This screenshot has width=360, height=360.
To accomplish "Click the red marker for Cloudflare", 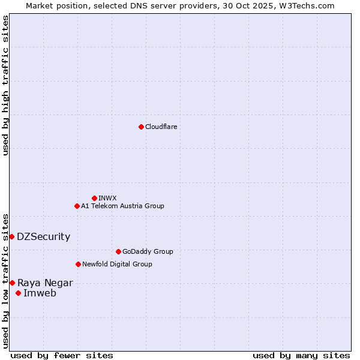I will click(141, 127).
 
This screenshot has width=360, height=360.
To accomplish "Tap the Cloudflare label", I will click(161, 127).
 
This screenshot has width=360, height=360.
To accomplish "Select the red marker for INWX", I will click(94, 198).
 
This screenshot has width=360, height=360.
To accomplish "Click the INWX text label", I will click(107, 198).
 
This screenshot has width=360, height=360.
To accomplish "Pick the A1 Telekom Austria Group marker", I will click(77, 206).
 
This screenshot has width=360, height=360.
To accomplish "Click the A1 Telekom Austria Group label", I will click(122, 206).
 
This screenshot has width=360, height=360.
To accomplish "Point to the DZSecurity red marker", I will click(11, 236).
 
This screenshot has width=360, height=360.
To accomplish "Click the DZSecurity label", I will click(43, 236).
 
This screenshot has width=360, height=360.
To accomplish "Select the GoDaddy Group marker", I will click(118, 251).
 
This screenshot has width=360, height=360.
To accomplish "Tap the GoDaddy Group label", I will click(147, 251).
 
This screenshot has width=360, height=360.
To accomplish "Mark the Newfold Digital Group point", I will click(78, 264).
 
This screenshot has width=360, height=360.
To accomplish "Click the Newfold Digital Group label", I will click(117, 264).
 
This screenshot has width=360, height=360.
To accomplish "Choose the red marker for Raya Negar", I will click(12, 283).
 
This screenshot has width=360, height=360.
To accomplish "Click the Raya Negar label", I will click(45, 283).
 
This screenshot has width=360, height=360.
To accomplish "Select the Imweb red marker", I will click(18, 293).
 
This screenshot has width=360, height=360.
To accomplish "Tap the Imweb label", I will click(40, 293).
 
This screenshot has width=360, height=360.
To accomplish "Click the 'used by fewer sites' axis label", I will click(62, 355).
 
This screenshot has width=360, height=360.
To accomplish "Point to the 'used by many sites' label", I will click(301, 355).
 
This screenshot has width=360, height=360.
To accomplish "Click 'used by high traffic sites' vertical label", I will click(5, 85).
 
